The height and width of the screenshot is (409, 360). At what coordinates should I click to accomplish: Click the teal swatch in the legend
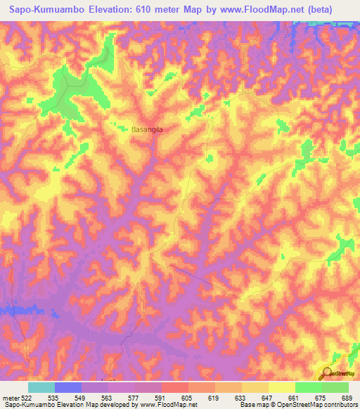point(41,387)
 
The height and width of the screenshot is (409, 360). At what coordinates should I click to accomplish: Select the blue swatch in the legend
point(67,387)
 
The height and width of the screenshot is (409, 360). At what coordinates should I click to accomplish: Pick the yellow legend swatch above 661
point(281,387)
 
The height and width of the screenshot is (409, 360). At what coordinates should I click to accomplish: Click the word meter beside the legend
point(10,398)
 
